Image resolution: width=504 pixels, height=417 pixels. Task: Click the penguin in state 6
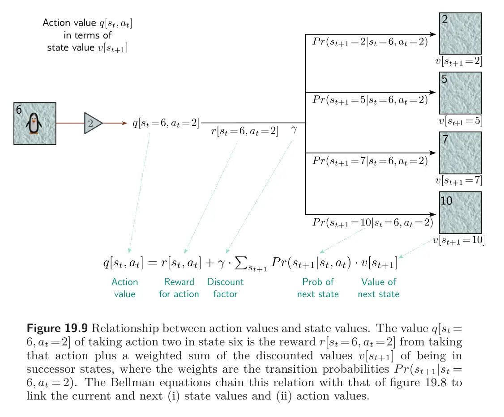point(34,123)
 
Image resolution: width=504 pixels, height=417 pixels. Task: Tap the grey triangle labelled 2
point(92,123)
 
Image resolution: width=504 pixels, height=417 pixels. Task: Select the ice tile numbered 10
point(460,213)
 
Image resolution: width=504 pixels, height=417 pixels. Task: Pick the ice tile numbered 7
point(460,153)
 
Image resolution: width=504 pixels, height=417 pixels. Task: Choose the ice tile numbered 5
point(460,93)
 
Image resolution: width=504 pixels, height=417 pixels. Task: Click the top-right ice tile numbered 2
point(460,34)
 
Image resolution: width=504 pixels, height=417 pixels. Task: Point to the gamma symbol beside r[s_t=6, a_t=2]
point(294,130)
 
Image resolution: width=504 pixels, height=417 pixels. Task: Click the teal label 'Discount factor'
point(225,288)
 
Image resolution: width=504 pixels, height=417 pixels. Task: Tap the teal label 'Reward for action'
point(179,288)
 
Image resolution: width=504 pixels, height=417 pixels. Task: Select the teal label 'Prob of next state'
point(318,288)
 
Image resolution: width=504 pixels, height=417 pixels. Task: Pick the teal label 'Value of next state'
point(379,288)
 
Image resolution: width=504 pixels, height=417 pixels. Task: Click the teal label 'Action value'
point(125,288)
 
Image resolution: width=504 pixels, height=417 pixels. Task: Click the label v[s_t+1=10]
point(459,240)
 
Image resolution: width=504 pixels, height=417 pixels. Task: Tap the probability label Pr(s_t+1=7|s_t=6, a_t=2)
point(370,161)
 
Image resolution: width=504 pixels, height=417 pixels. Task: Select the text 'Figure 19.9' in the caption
point(57,328)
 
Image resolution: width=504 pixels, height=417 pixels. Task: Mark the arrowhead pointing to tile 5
point(433,93)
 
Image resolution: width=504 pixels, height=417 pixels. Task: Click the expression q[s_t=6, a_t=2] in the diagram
point(166,123)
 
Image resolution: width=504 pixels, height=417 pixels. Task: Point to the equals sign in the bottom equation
point(152,263)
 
